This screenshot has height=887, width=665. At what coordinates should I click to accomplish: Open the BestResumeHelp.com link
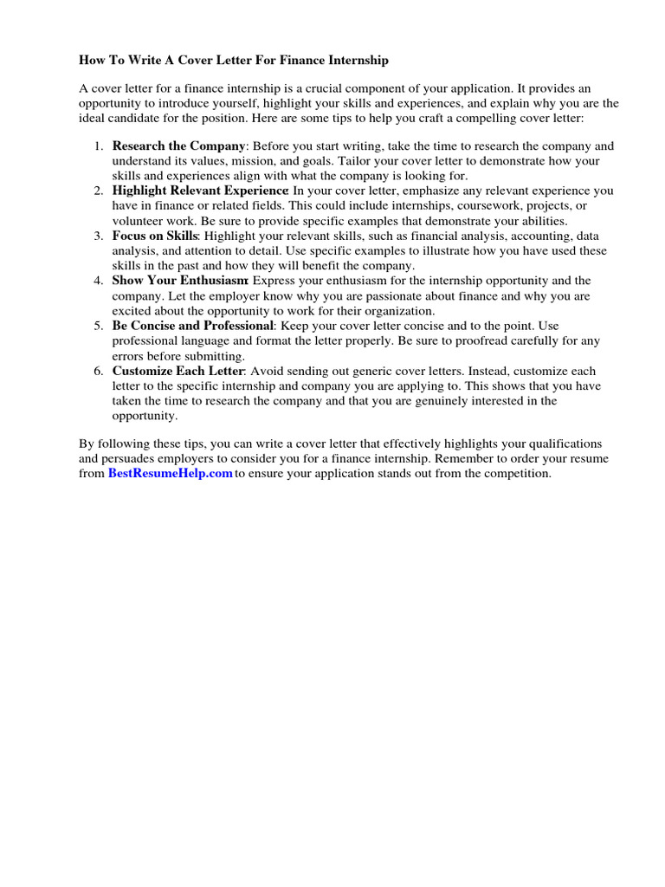coord(170,474)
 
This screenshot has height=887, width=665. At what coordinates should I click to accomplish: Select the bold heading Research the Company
coord(179,146)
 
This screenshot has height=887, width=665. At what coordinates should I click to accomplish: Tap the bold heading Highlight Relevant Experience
coord(200,190)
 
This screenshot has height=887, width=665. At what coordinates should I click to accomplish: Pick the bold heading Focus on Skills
coord(155,235)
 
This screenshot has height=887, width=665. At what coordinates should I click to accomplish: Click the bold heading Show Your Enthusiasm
coord(180,280)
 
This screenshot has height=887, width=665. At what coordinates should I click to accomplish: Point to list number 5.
coord(99,326)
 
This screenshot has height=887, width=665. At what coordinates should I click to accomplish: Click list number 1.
coord(99,146)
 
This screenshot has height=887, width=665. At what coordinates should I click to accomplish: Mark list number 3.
coord(99,235)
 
